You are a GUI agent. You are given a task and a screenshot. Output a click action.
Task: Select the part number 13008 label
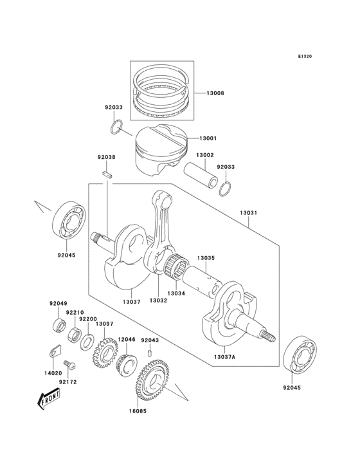pos(215,93)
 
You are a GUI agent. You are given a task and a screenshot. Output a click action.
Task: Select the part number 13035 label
pos(205,257)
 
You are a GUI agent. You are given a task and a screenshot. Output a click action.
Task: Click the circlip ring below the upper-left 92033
pos(116,127)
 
